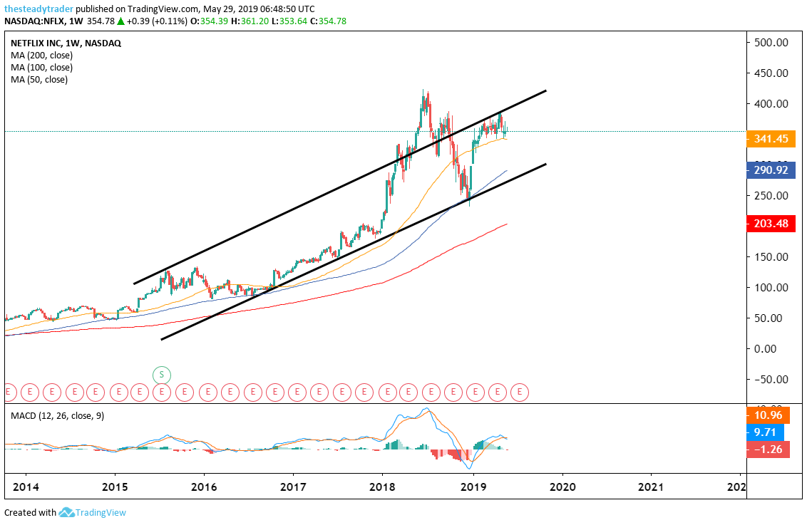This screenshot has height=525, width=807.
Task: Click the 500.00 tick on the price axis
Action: pos(771,42)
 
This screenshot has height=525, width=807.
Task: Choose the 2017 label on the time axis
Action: pos(293,487)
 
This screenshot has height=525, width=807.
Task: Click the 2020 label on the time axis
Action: pos(562,487)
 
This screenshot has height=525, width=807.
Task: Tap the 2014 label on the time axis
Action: pos(25,487)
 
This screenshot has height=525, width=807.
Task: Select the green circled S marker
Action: pos(162,374)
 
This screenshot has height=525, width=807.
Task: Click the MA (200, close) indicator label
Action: pos(41,55)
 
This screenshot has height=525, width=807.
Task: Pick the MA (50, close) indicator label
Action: pos(39,80)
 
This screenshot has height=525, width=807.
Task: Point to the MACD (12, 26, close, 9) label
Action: pos(57,415)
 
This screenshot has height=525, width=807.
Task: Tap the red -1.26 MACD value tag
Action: pos(767,449)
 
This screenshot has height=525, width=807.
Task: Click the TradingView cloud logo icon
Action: pos(67,512)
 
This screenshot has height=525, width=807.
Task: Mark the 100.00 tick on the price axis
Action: pos(771,287)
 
